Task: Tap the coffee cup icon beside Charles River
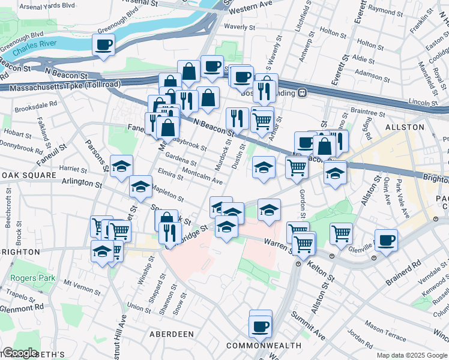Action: point(103,44)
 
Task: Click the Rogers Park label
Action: point(32,278)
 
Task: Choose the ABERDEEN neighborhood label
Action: point(172,334)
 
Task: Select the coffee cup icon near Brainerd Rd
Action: point(386,240)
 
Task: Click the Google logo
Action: point(20,352)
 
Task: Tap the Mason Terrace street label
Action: point(385,329)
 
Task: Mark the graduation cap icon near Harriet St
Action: point(121,166)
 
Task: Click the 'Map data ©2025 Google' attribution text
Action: point(411,355)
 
